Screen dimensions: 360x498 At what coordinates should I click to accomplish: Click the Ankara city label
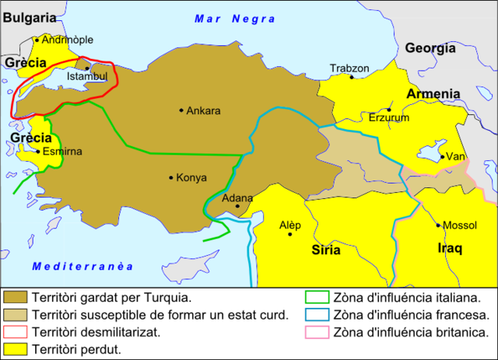(x=203, y=110)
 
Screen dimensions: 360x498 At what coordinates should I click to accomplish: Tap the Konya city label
(x=191, y=177)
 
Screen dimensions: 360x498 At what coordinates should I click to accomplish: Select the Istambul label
(x=87, y=77)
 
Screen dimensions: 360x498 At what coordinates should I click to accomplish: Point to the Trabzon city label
(x=349, y=68)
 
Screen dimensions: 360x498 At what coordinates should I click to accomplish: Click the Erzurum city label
(x=388, y=118)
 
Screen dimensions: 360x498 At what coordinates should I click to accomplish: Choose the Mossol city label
(x=459, y=225)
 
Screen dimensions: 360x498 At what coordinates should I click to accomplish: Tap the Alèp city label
(x=289, y=225)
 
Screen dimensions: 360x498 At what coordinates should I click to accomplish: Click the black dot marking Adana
(x=237, y=206)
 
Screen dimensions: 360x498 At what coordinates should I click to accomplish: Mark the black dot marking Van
(x=441, y=157)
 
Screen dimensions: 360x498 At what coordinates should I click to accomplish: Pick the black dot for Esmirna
(x=38, y=152)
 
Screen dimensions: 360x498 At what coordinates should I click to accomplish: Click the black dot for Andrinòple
(x=37, y=40)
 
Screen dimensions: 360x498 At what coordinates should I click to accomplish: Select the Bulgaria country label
(x=29, y=16)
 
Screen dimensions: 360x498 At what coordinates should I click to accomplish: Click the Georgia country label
(x=430, y=47)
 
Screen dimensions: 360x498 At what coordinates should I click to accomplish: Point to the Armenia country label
(x=433, y=94)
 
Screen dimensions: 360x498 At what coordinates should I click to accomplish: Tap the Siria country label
(x=326, y=250)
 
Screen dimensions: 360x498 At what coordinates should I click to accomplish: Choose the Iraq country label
(x=448, y=249)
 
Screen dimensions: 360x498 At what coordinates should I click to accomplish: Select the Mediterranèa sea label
(x=83, y=267)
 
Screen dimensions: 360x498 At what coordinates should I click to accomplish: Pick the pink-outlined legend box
(x=317, y=332)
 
